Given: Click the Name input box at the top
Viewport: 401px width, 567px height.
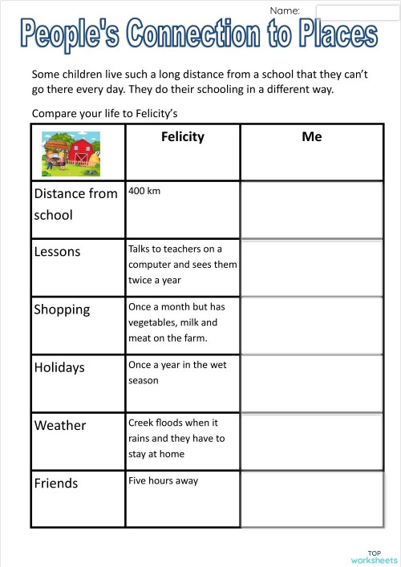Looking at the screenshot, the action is [350, 11].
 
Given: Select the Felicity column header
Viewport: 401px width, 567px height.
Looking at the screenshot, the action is [183, 136].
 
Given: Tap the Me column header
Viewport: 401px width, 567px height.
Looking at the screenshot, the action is [312, 136].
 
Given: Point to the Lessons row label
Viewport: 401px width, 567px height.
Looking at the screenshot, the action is [58, 252].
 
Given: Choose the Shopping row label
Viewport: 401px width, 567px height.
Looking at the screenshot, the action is [62, 310].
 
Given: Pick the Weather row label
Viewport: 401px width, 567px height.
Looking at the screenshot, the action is [60, 425].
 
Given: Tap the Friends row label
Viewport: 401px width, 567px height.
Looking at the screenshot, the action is [56, 483].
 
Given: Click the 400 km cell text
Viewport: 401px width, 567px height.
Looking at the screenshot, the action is [145, 192].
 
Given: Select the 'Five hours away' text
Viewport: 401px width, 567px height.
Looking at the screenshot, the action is [163, 480].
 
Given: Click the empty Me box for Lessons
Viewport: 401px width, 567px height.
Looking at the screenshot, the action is [311, 267].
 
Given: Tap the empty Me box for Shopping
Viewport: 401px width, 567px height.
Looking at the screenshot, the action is [311, 325].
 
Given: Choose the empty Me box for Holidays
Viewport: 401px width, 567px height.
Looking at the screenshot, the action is [311, 383].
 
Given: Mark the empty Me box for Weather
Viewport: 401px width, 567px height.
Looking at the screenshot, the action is [311, 440].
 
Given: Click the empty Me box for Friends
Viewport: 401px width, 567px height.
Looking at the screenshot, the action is [311, 499].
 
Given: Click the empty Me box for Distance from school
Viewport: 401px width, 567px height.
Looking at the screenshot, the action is [311, 209].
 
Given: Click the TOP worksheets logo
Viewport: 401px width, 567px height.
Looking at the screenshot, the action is [374, 556].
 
